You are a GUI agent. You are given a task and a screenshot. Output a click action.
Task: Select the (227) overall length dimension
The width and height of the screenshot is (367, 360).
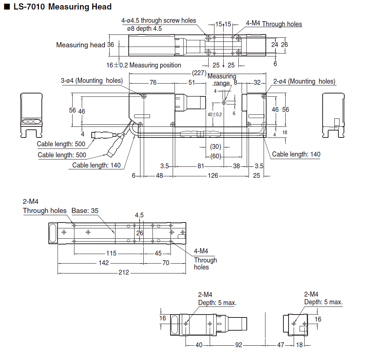(199, 73)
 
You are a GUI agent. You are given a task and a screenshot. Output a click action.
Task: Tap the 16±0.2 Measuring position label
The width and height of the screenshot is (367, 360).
(144, 65)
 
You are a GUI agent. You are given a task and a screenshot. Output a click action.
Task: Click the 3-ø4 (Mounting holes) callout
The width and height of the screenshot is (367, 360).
(92, 81)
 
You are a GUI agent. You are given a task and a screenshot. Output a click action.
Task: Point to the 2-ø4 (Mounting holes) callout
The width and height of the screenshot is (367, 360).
(304, 81)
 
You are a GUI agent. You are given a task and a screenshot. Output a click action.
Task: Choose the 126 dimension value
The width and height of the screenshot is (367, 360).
(213, 176)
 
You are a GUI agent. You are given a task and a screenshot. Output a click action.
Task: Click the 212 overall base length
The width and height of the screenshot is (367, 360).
(124, 273)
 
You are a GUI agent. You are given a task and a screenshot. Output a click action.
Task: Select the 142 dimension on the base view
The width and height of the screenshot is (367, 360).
(104, 263)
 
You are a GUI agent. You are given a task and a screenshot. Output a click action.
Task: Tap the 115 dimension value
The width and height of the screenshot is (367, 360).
(111, 253)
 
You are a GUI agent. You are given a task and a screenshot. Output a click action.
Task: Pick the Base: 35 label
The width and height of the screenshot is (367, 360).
(85, 211)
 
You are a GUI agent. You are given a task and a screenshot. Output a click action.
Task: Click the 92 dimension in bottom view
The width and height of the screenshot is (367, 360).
(238, 345)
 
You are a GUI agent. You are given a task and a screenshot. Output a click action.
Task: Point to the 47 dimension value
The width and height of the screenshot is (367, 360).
(280, 345)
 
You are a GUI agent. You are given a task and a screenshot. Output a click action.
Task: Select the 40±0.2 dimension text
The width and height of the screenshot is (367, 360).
(215, 114)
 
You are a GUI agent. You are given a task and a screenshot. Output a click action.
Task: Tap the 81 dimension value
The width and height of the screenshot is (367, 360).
(201, 166)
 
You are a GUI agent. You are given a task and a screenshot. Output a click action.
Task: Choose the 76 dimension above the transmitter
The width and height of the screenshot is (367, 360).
(153, 83)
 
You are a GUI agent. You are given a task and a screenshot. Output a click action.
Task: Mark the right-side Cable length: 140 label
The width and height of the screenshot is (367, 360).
(296, 154)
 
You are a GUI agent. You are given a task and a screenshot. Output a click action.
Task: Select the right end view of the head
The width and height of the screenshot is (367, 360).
(333, 114)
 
